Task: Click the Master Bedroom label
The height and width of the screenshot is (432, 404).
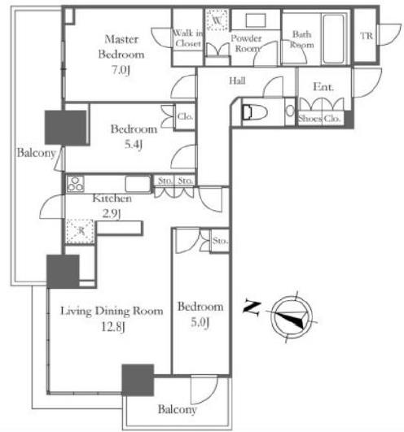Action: pos(121,47)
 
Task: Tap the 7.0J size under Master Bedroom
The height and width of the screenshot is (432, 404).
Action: pos(121,70)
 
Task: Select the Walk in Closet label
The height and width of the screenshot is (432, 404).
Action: pos(188,38)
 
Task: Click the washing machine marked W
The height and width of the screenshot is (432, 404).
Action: pos(217,20)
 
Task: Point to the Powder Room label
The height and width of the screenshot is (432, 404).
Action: pos(246,43)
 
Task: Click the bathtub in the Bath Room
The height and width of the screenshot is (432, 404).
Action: pos(334,39)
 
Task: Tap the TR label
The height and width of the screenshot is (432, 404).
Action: pos(367,36)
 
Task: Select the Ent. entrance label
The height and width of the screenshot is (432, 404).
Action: pos(323,87)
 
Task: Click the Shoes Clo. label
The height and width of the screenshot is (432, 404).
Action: pos(319,119)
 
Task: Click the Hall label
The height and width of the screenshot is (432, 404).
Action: pos(237,81)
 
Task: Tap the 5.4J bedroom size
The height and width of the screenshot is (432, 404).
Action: pos(134,144)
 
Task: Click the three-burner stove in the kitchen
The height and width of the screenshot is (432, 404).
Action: pos(76,184)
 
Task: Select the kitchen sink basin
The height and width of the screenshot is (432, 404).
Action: pos(138,184)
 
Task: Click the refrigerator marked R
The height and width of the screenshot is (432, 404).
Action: pos(81,231)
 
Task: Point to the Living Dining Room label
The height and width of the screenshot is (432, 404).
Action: pos(112,311)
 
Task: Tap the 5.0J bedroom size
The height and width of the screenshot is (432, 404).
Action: pos(200,322)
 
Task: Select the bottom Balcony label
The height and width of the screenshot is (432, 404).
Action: pos(177,409)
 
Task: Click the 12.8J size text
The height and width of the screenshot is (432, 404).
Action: pos(113,327)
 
